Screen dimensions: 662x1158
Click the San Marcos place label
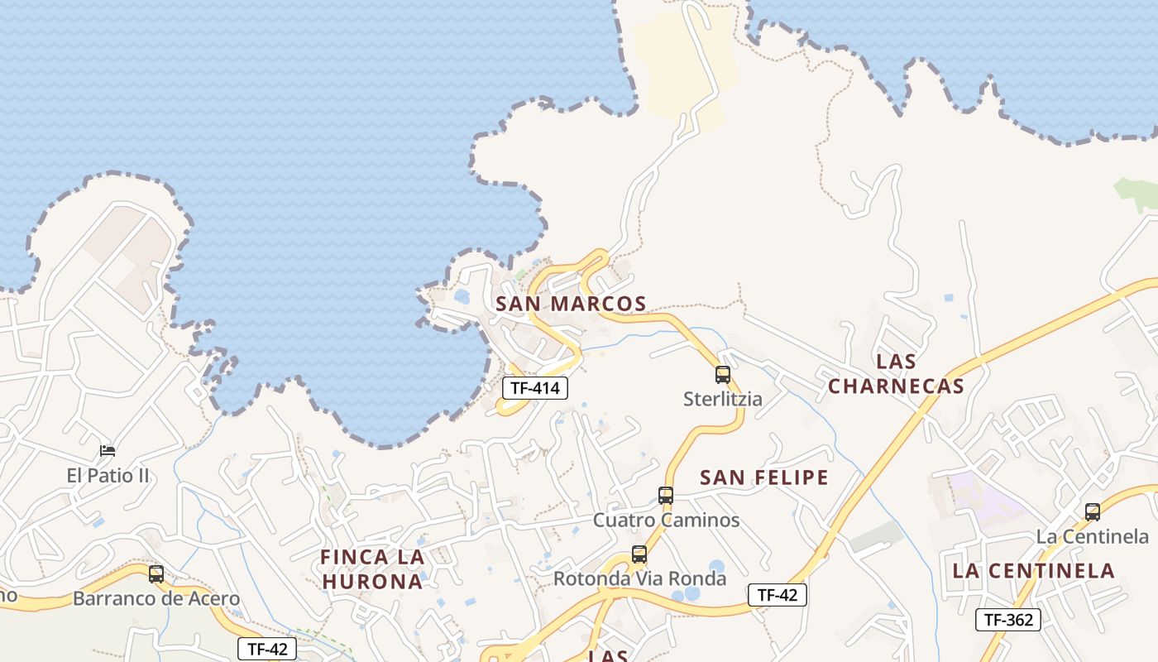571,304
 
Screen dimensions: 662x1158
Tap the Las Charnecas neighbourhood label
897,374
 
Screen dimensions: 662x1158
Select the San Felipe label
764,477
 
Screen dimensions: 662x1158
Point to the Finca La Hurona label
372,569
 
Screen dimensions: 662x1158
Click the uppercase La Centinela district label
1033,570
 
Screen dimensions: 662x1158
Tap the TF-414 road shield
535,387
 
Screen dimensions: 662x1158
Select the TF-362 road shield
1007,619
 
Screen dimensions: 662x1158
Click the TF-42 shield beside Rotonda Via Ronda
777,594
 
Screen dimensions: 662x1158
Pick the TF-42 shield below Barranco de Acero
266,649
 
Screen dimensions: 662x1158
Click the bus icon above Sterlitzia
723,375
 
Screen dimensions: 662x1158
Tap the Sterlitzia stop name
723,399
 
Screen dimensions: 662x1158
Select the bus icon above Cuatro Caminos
666,496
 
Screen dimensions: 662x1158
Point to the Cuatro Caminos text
666,520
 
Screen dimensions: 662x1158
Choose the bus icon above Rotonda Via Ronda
639,554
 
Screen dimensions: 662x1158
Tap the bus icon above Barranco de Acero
156,574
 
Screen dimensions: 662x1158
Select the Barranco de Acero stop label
156,598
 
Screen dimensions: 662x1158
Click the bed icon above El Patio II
108,451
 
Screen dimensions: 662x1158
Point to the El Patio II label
108,476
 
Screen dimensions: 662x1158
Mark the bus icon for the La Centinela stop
1093,512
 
